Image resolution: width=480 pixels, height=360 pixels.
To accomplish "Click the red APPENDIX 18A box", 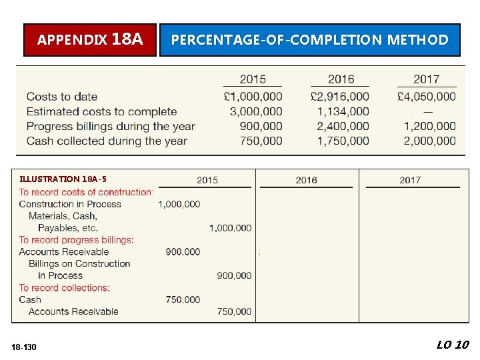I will point(90,40).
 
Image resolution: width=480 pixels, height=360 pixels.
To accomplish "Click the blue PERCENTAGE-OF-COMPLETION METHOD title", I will point(309,40).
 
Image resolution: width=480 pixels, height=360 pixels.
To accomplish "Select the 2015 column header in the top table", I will point(253,79).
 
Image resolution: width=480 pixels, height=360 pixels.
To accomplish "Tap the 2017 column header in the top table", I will point(426,79).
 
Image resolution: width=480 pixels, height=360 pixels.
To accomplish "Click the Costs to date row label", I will point(62,97).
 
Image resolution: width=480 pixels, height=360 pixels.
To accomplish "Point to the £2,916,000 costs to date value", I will point(339,97).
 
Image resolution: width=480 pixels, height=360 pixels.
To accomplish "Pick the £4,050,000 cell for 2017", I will point(426,97).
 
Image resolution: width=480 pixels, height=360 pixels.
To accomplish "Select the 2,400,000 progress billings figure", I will point(343,126).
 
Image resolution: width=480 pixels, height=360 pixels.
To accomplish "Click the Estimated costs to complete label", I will point(102,111).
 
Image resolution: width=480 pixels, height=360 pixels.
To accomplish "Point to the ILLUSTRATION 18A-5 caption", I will point(63,179).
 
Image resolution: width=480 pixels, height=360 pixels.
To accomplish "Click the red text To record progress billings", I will point(76,240).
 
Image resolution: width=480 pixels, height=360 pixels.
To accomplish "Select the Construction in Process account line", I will point(70,204).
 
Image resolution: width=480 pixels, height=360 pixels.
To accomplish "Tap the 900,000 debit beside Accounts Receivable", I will point(183,252).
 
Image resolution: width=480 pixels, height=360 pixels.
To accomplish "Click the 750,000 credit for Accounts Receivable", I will point(234,311).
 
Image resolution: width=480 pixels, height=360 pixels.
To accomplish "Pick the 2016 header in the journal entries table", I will point(306,180).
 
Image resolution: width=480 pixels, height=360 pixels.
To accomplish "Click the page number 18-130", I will point(25,347).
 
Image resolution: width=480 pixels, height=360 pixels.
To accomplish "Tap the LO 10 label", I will point(453,345).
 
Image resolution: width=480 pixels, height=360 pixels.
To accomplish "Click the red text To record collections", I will point(64,288).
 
